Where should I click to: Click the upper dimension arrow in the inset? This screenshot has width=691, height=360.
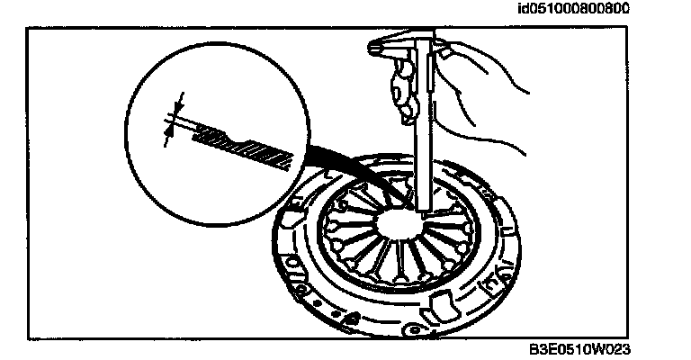pyautogui.click(x=179, y=101)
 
